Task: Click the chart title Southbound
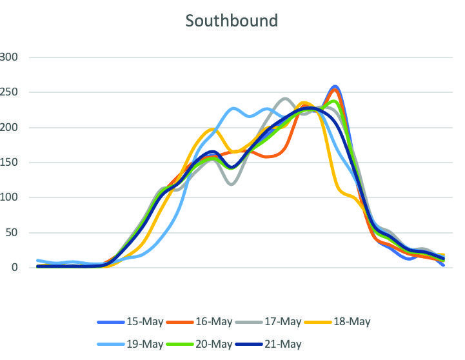point(232,21)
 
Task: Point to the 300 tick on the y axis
point(10,57)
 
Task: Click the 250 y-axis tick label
point(10,92)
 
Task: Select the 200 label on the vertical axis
point(10,128)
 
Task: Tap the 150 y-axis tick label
point(10,163)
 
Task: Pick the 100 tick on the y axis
point(10,197)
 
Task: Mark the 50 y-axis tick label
point(12,233)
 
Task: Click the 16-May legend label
point(214,321)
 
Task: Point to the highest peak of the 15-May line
point(334,86)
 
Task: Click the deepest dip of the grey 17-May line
point(231,184)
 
